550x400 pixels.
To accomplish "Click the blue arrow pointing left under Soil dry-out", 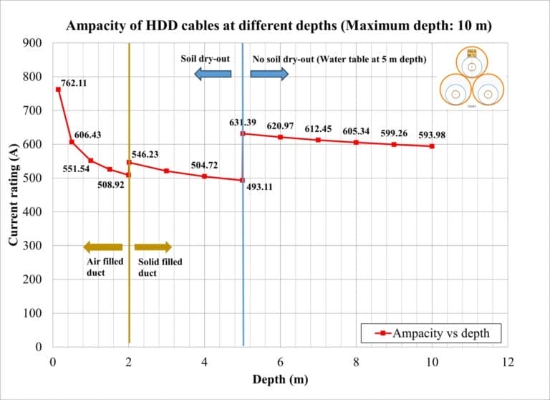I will (x=212, y=72).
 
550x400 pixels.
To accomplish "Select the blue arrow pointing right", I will (x=269, y=72).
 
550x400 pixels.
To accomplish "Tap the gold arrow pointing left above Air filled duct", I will (x=102, y=247).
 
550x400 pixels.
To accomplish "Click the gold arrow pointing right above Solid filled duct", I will (x=153, y=247).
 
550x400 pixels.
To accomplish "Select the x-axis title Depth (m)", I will (x=280, y=379).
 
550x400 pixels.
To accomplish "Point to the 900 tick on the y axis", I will (x=32, y=43).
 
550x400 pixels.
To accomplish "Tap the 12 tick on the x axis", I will (x=508, y=362).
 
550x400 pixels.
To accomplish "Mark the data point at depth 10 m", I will (x=432, y=146).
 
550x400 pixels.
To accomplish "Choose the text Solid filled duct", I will (x=160, y=267).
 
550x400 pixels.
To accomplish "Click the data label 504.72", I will (x=204, y=166).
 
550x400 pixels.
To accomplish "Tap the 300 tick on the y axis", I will (x=32, y=246).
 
